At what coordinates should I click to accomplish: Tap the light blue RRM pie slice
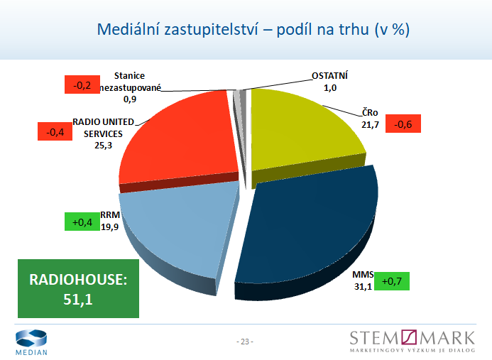point(177,227)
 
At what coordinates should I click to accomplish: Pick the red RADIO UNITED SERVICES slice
point(181,142)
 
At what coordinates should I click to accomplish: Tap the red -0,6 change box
point(403,125)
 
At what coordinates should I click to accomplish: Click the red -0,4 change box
point(55,131)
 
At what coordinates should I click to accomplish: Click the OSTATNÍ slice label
point(330,77)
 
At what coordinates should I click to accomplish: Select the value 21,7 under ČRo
point(370,125)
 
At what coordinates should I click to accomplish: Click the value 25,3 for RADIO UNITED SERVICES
point(102,146)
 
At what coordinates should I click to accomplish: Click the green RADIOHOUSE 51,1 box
point(78,290)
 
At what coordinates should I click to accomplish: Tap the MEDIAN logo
point(31,342)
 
